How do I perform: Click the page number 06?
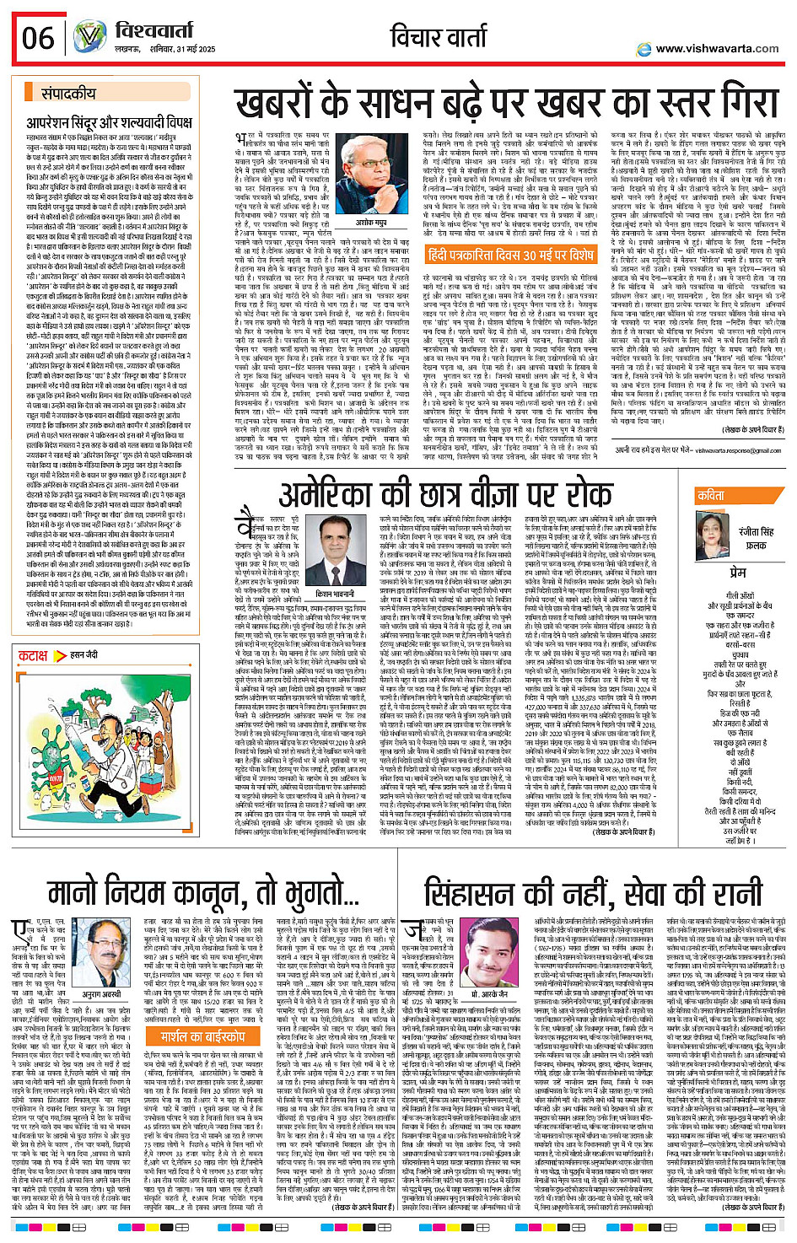(x=39, y=39)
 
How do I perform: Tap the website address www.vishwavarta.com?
(x=717, y=49)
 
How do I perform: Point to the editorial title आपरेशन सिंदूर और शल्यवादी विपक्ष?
(x=110, y=123)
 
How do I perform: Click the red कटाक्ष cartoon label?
(x=34, y=655)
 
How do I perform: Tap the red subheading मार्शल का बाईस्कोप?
(x=202, y=1036)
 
